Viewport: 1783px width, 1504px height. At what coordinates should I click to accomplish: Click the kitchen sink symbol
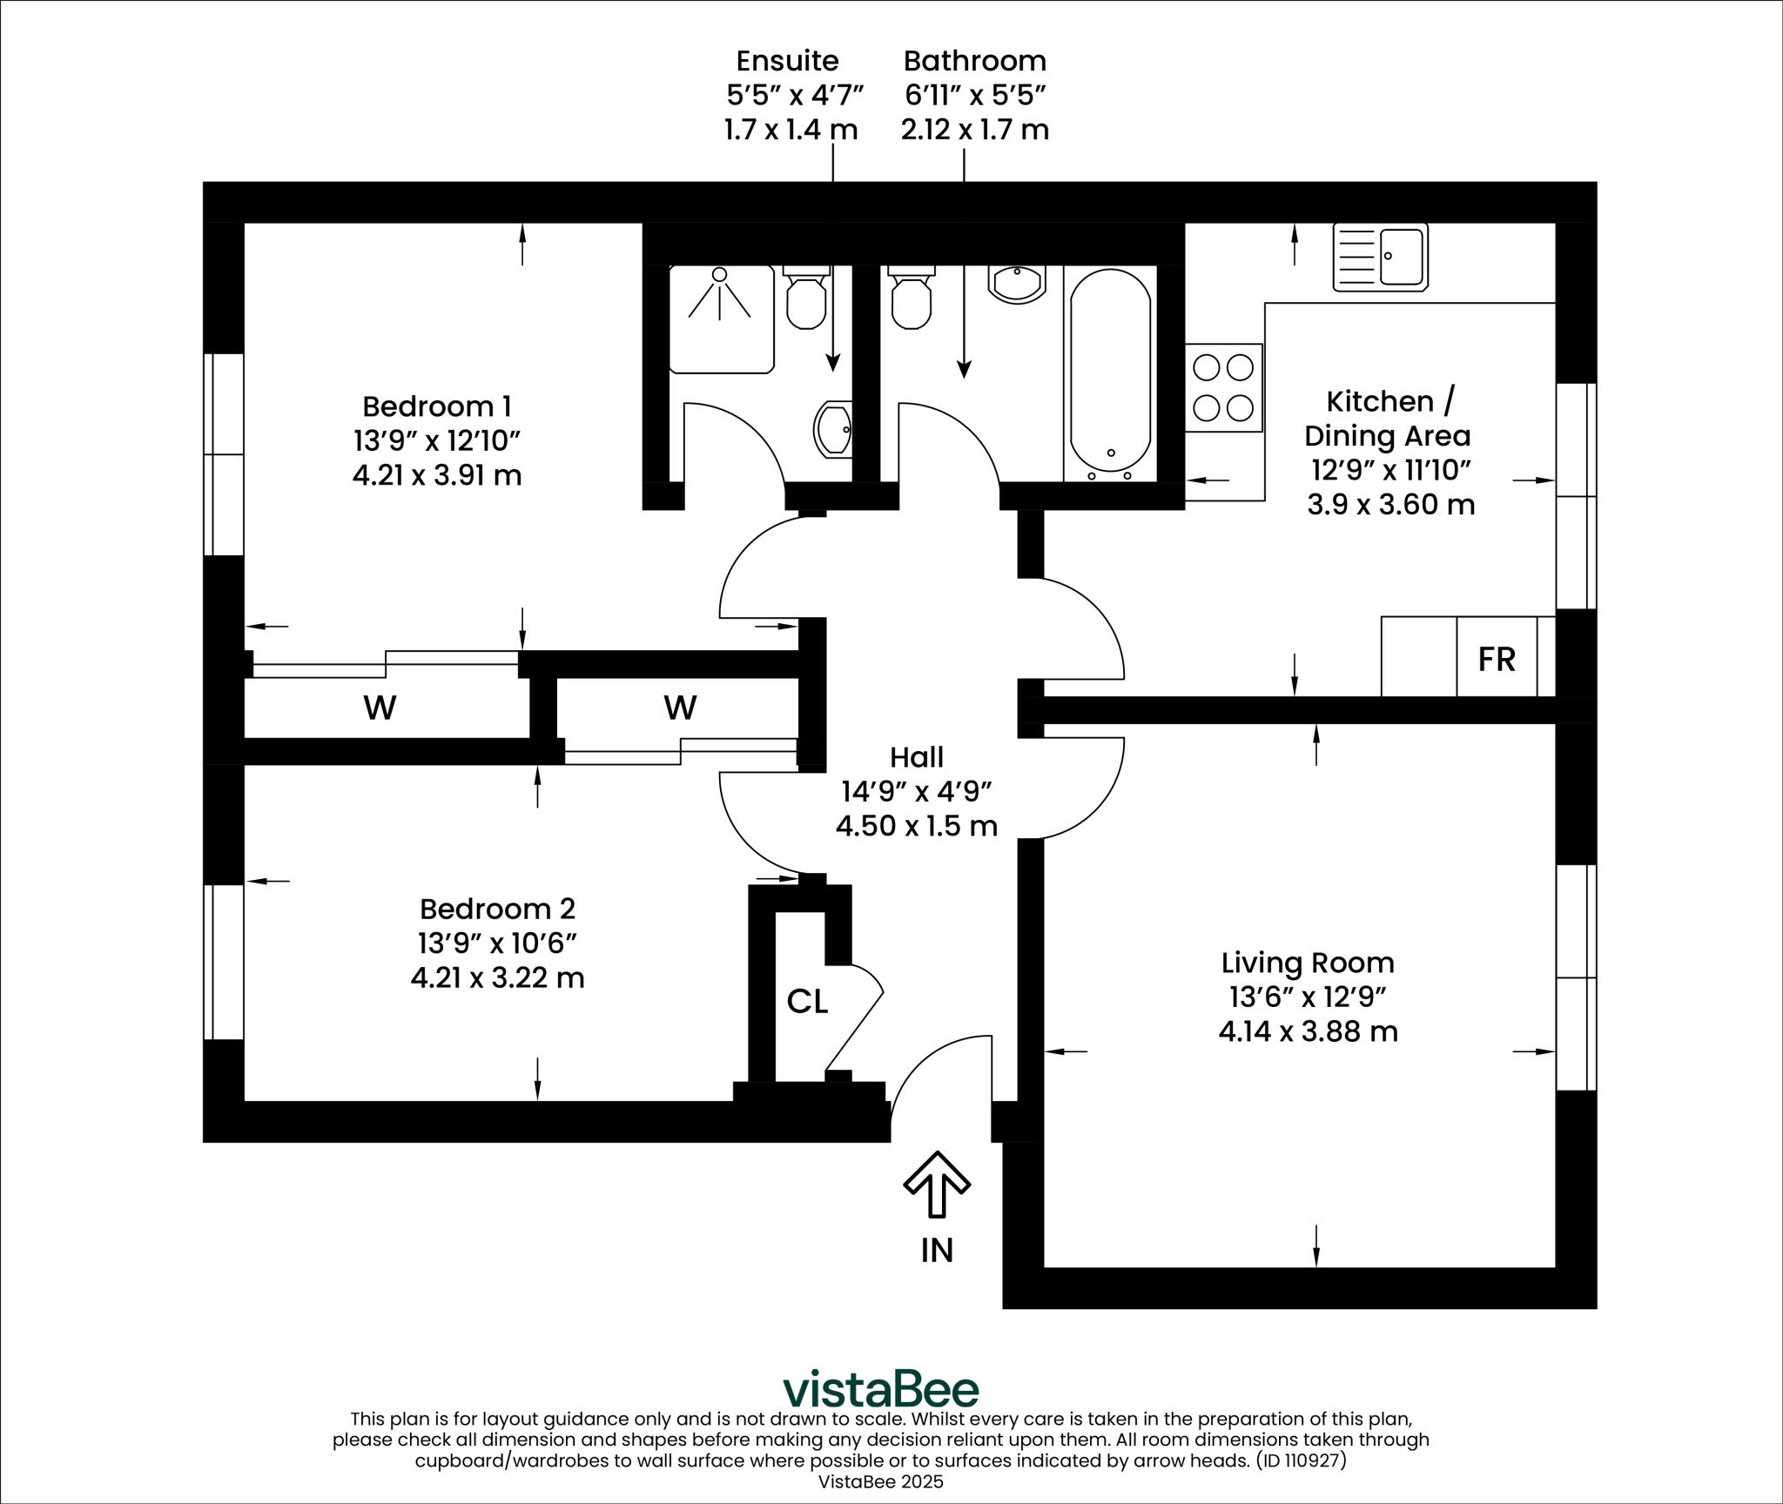[x=1380, y=257]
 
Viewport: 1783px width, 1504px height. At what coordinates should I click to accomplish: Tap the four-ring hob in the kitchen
[x=1223, y=387]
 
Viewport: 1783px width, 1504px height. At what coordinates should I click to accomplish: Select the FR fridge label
[x=1497, y=659]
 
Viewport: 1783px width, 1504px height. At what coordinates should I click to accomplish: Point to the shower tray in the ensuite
[x=721, y=319]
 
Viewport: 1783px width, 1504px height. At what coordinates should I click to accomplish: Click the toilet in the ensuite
[x=806, y=299]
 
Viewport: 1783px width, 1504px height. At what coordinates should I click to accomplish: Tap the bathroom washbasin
[x=1016, y=284]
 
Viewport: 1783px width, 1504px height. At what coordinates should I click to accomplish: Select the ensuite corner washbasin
[x=833, y=429]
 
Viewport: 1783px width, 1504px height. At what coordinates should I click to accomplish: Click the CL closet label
[x=806, y=1002]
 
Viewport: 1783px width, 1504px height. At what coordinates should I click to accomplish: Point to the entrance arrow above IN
[x=937, y=1185]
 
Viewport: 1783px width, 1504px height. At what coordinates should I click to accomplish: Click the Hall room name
[x=917, y=757]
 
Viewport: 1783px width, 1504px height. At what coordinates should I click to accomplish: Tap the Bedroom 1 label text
[x=436, y=406]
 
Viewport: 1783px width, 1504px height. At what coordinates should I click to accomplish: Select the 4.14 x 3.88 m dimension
[x=1308, y=1031]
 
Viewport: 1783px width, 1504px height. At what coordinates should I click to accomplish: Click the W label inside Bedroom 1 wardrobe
[x=380, y=708]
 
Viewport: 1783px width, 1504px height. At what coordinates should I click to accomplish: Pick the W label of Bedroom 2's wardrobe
[x=680, y=708]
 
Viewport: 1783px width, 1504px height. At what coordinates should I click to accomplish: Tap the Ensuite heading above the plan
[x=787, y=61]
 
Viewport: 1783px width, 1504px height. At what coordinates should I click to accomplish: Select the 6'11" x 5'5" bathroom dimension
[x=974, y=95]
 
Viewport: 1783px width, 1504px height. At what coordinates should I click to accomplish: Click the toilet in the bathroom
[x=911, y=299]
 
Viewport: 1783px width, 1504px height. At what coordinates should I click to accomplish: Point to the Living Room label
[x=1308, y=963]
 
